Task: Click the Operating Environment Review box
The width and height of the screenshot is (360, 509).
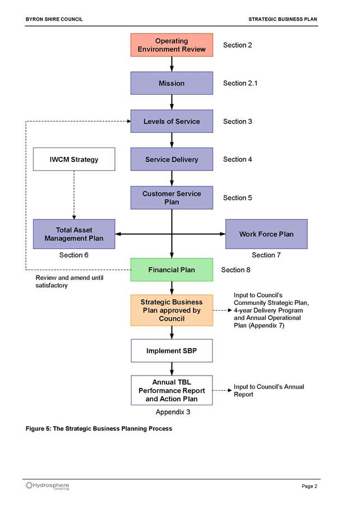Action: [172, 45]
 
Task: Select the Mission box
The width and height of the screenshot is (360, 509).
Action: [172, 83]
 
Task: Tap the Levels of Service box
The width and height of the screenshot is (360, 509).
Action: [172, 121]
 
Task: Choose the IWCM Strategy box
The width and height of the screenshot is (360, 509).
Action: [74, 159]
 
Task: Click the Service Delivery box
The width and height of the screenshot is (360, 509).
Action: [172, 159]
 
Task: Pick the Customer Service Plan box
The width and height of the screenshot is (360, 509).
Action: [172, 197]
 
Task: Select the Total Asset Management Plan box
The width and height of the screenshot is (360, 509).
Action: [74, 234]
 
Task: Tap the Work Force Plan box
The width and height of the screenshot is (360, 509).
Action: [266, 234]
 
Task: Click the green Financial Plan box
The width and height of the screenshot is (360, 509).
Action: [172, 270]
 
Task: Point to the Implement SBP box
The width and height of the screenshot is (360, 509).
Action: [172, 350]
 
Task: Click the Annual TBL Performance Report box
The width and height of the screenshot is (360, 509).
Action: [172, 390]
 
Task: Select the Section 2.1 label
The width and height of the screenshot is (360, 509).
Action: [240, 83]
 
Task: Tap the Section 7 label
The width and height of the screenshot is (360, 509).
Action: [266, 255]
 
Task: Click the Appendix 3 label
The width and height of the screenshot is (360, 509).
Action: [173, 412]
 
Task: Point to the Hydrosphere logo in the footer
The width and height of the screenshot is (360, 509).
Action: [48, 485]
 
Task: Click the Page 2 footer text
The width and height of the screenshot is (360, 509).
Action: [310, 486]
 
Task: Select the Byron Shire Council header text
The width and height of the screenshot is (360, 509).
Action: [54, 19]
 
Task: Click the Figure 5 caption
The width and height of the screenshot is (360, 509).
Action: [99, 428]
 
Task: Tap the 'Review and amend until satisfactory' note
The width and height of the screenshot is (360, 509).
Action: [70, 281]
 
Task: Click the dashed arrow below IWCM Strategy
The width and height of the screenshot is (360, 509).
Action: [74, 195]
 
